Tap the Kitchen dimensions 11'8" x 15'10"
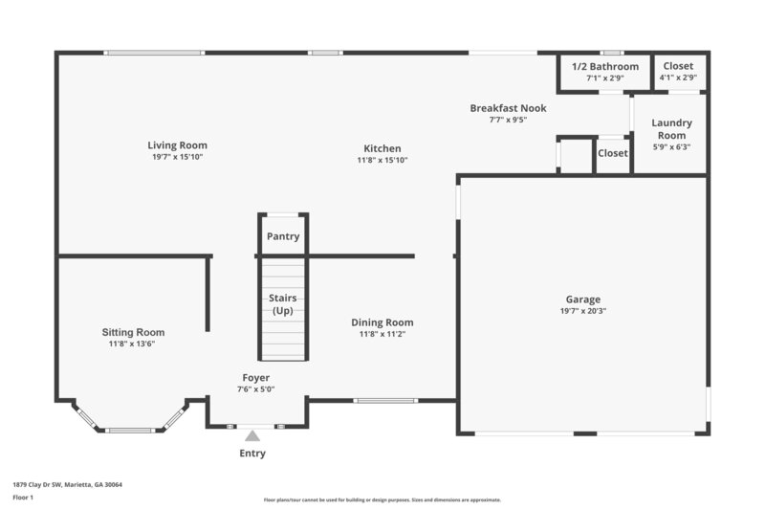tap(382, 161)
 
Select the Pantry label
tap(283, 236)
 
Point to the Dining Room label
tap(382, 322)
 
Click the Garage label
tap(582, 299)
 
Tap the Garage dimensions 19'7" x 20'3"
tap(582, 311)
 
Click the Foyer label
tap(255, 378)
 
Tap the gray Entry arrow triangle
tap(252, 436)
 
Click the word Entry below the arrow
tap(252, 454)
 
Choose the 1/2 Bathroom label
tap(604, 66)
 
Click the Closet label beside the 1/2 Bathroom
tap(678, 66)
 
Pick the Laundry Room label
tap(671, 129)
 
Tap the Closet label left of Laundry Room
tap(613, 153)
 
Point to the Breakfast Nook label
tap(508, 108)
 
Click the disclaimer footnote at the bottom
tap(382, 499)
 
